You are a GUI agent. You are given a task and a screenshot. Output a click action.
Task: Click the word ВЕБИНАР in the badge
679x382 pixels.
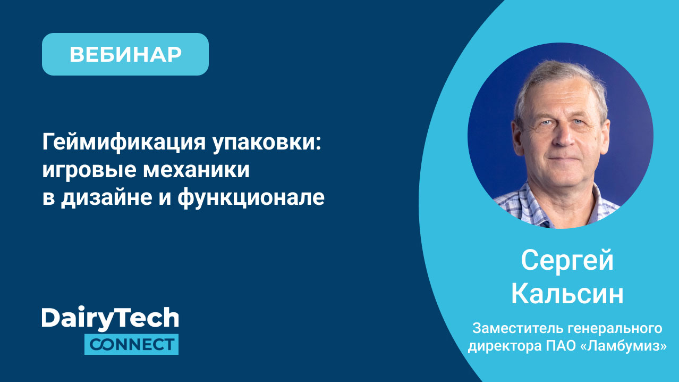(125, 54)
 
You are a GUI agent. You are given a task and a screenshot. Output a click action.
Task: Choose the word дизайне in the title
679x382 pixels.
(106, 198)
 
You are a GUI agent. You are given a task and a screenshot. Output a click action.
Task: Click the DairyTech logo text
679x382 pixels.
(110, 319)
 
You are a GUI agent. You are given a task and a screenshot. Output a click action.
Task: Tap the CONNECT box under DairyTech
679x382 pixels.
(131, 344)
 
